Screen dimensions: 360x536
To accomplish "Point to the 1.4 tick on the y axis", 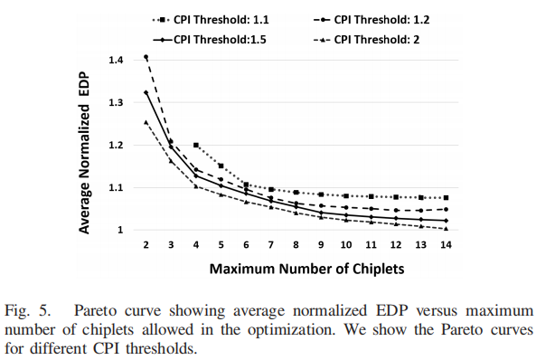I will click(x=116, y=60).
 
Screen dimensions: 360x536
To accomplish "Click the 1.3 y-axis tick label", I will click(x=116, y=102).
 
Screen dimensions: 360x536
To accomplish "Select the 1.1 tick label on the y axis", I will click(x=116, y=187).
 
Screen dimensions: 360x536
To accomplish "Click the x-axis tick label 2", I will click(x=146, y=245).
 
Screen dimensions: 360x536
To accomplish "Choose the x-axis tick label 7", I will click(x=271, y=245).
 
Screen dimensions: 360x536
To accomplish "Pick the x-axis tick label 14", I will click(x=447, y=245).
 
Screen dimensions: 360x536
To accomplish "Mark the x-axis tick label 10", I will click(x=346, y=245).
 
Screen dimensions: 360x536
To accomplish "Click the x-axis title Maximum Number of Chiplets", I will click(x=296, y=270).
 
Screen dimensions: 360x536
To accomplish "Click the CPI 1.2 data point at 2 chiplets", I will click(x=146, y=57).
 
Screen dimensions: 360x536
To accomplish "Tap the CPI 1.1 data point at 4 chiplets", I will click(x=196, y=145).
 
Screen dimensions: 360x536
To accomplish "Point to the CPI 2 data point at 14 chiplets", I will click(x=447, y=229).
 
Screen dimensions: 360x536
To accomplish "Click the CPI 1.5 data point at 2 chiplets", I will click(x=146, y=92).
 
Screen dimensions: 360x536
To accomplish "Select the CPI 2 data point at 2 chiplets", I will click(x=146, y=122).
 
